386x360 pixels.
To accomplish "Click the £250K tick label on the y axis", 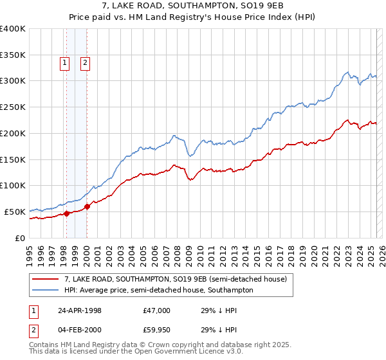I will click(x=12, y=107).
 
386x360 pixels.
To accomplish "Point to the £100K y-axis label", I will click(x=12, y=186).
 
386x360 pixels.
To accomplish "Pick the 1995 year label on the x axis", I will click(x=29, y=251).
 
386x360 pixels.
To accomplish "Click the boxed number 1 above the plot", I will click(x=66, y=63).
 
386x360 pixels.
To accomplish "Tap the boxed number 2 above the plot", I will click(x=86, y=63).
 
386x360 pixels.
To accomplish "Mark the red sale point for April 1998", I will click(x=66, y=213).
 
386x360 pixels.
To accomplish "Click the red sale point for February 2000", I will click(x=87, y=206).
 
